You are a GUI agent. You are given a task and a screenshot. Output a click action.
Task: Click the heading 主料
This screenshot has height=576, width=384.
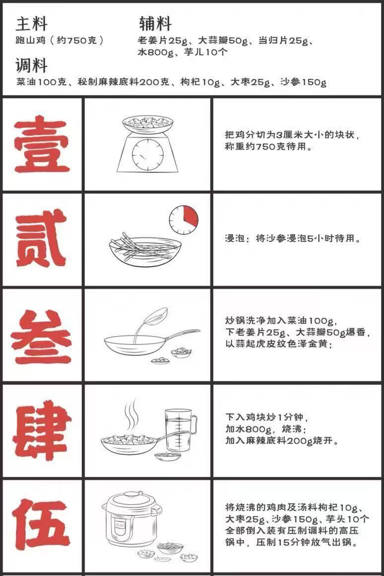point(32,24)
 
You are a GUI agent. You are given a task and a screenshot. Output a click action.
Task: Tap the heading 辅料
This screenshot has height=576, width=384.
point(155,24)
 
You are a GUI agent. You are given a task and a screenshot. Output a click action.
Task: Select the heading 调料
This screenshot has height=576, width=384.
point(32,65)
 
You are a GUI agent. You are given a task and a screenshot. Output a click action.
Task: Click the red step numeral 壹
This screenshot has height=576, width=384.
point(42,144)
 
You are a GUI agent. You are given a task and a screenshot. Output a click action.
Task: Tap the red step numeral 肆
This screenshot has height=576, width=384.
point(42,430)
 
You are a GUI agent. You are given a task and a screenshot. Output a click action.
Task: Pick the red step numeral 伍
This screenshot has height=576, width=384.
point(41,524)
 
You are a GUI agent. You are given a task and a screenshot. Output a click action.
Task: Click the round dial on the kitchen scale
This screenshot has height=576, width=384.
point(148,154)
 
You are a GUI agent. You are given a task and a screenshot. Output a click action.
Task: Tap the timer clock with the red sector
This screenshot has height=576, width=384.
point(184,220)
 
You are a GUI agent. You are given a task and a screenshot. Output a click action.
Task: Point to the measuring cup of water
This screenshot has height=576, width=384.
point(181,430)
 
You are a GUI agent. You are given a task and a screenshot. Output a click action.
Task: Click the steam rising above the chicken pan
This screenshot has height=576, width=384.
point(130,414)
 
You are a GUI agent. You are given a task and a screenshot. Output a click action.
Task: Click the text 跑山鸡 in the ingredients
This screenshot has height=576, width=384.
point(31,40)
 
